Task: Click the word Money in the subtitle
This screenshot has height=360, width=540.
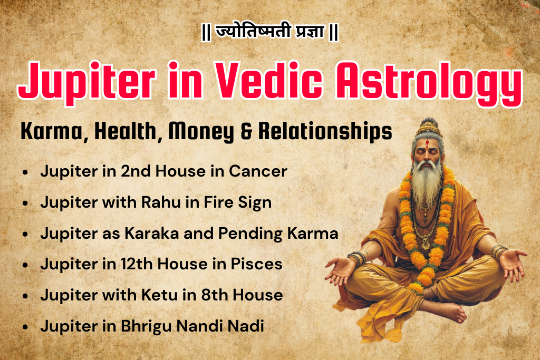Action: [203, 132]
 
